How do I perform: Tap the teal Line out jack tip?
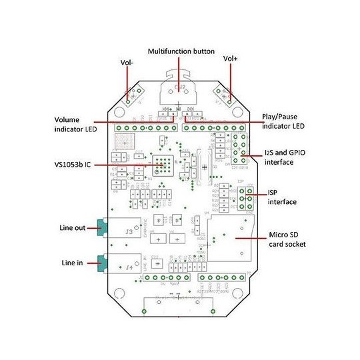[101, 229]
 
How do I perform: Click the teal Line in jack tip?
[101, 263]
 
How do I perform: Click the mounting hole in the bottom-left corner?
[119, 293]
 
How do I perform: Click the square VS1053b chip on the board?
[162, 165]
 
